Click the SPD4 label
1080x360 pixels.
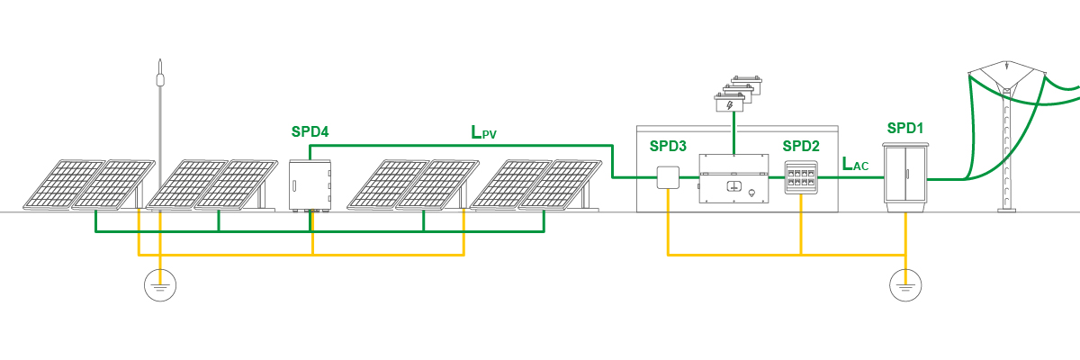click(x=310, y=131)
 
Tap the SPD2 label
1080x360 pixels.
click(x=801, y=146)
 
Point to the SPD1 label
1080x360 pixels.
click(x=905, y=128)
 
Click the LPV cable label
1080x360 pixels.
click(x=483, y=133)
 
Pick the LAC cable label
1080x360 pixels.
click(x=855, y=165)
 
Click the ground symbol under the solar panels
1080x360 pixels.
click(x=160, y=286)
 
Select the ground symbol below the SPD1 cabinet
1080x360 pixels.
click(x=905, y=286)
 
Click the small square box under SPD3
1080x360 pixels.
click(x=668, y=177)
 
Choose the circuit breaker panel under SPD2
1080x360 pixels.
click(x=800, y=177)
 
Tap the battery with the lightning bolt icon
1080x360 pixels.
click(x=730, y=104)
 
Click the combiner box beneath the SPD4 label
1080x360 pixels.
click(x=310, y=184)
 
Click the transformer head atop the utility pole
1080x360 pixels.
click(x=1005, y=77)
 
